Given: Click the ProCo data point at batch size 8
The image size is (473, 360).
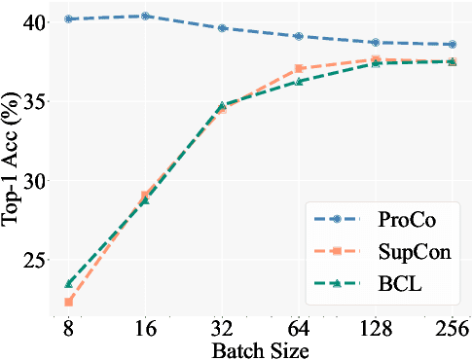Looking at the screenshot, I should (69, 18).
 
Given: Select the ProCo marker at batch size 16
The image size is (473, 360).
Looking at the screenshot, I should (145, 16).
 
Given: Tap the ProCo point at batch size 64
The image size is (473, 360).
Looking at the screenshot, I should (299, 36).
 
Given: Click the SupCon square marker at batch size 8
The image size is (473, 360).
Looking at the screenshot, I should (69, 302).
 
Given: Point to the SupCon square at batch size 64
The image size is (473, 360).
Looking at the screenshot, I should (299, 69).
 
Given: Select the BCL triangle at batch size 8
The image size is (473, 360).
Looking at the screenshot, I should (69, 283).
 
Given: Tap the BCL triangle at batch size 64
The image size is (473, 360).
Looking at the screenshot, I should (299, 81).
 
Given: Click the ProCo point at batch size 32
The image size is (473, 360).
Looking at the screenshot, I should (222, 28).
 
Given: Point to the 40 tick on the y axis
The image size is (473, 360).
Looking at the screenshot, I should (35, 22).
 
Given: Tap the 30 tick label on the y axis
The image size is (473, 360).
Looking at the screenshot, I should (35, 182).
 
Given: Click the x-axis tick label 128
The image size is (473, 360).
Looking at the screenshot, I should (375, 331).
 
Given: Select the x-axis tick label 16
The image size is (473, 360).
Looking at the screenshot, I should (145, 331).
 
